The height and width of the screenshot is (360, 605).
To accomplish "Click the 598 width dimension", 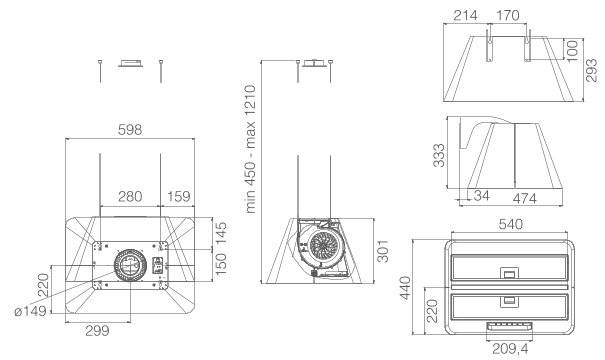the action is (130, 130).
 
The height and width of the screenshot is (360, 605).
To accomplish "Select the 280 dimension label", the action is (130, 196).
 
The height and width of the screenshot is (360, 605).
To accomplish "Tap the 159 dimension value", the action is (179, 196).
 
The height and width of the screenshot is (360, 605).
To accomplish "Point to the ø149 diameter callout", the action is (30, 311).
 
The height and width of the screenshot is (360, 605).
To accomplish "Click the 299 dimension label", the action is (97, 331).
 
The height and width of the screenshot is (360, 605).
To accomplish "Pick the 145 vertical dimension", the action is (221, 233).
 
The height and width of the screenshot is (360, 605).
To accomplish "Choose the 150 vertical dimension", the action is (221, 264).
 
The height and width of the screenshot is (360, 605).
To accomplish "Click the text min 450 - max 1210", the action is (250, 149).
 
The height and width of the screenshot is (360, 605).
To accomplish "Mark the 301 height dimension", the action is (382, 251).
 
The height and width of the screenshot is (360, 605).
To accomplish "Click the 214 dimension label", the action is (465, 16).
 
